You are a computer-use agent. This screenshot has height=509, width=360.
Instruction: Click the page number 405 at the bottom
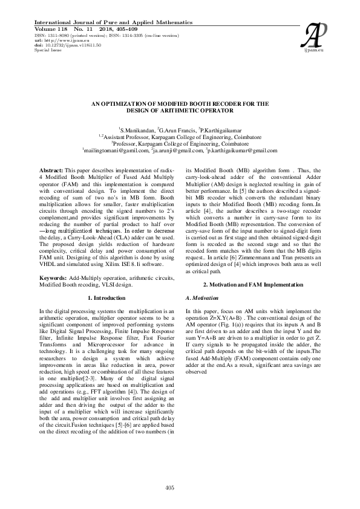(x=180, y=487)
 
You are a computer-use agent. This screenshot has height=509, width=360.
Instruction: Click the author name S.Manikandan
(x=138, y=130)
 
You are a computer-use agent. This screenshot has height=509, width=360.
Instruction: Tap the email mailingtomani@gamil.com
(x=117, y=150)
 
